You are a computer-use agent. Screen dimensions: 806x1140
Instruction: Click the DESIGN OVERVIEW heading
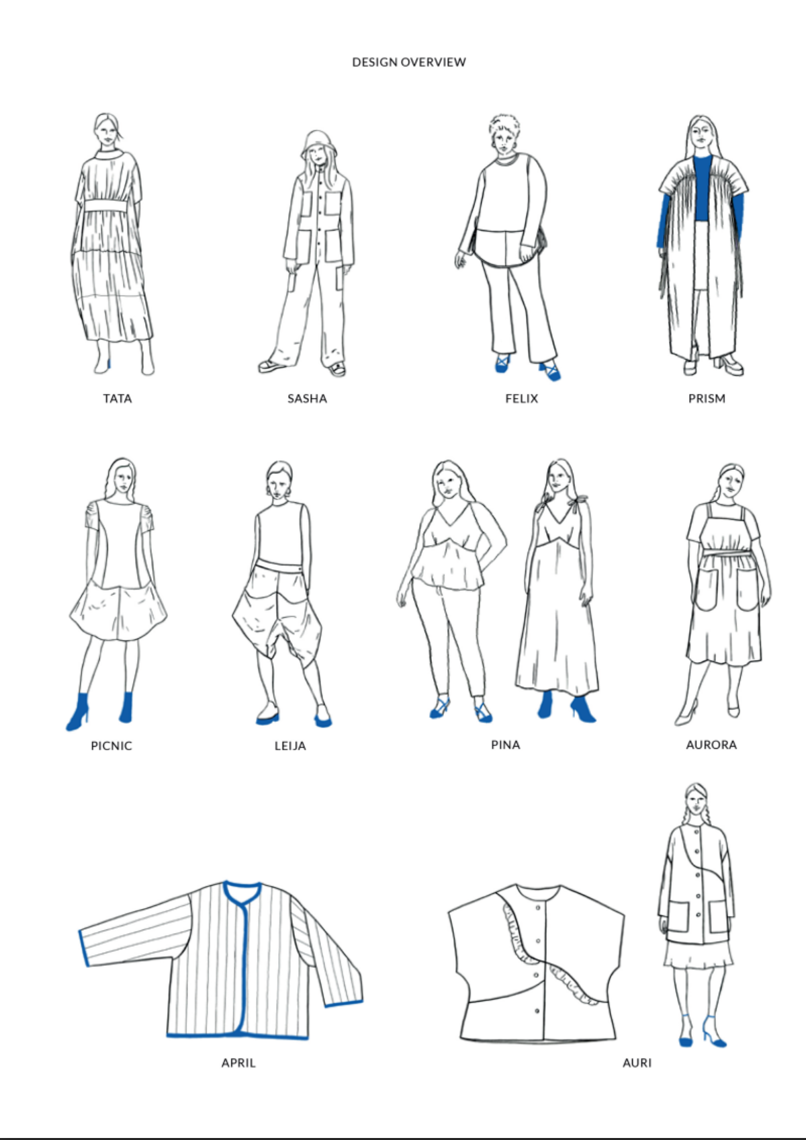click(x=409, y=62)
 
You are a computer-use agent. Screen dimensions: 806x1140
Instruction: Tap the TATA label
click(x=118, y=399)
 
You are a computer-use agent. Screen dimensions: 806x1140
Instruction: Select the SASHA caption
click(x=307, y=399)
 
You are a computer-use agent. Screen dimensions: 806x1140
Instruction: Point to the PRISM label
click(x=707, y=399)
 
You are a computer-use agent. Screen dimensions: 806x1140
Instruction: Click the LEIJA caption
click(x=290, y=746)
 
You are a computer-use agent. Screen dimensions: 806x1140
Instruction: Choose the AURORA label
click(x=711, y=745)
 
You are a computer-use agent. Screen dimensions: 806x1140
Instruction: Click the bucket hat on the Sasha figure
click(x=318, y=143)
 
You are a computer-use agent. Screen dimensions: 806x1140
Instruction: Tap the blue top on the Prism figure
click(x=703, y=188)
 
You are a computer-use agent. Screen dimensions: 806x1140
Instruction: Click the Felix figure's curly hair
click(x=504, y=124)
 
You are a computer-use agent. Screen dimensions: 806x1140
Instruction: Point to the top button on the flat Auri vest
click(x=539, y=908)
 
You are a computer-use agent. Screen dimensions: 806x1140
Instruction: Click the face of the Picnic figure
click(x=123, y=479)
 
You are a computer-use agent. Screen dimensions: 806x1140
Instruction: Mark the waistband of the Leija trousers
click(x=279, y=567)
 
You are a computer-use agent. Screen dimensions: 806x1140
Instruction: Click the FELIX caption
click(x=522, y=399)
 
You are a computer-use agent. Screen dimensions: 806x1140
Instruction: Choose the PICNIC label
click(x=111, y=746)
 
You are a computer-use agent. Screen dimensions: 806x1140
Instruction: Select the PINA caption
click(x=506, y=745)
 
